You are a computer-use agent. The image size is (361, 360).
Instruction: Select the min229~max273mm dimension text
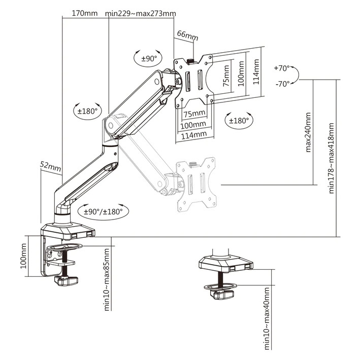141,13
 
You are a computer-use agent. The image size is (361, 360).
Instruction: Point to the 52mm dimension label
51,165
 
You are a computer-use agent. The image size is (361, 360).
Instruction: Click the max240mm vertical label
308,133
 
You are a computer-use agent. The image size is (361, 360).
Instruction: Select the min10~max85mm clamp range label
107,279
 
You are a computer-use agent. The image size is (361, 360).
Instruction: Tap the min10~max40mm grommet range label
267,317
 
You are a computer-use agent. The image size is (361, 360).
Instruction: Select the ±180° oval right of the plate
239,121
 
